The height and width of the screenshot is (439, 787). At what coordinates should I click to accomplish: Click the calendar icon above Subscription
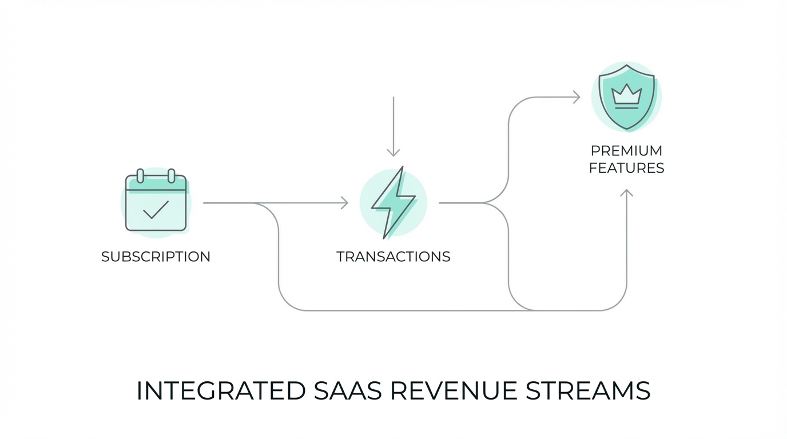point(156,203)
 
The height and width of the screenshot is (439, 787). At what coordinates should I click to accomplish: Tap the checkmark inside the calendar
point(156,210)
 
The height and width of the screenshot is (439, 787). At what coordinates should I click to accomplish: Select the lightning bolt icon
point(393,202)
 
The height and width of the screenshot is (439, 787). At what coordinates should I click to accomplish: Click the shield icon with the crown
point(626,97)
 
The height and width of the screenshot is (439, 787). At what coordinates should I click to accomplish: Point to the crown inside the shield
point(626,94)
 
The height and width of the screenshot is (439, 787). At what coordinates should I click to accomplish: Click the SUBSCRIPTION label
point(156,257)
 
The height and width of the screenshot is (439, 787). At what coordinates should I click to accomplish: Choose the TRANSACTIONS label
point(393,257)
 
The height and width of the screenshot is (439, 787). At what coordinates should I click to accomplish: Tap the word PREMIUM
point(626,151)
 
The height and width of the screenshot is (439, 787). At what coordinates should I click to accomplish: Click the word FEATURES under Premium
point(626,168)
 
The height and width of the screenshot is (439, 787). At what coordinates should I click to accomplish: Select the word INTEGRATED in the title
point(220,391)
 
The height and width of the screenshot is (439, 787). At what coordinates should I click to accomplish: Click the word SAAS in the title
point(347,391)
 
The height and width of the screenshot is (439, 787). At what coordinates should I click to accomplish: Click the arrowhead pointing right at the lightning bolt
point(345,203)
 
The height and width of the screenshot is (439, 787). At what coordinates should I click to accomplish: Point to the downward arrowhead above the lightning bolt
point(393,153)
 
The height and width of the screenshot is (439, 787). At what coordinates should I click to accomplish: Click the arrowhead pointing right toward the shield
point(577,97)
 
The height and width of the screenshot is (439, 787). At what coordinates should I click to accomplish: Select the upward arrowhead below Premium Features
point(626,193)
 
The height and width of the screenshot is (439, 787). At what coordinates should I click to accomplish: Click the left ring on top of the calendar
point(140,175)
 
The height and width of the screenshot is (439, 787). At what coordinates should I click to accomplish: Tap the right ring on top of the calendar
point(171,175)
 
